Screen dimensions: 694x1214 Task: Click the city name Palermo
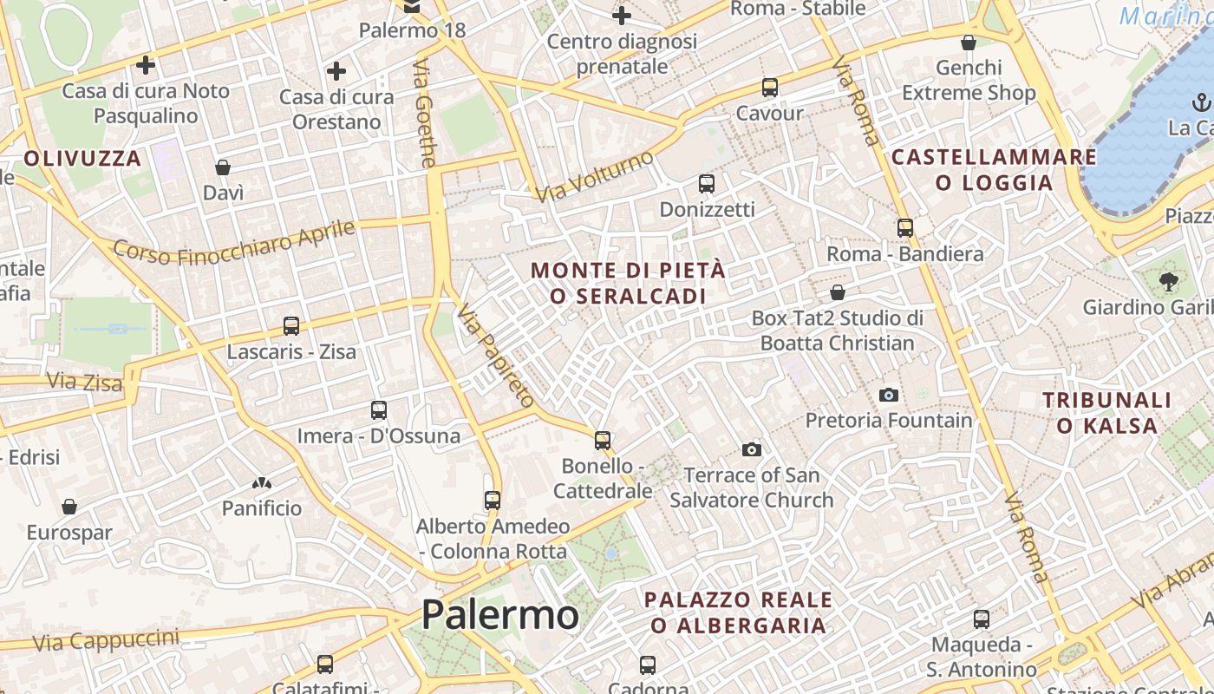pyautogui.click(x=499, y=615)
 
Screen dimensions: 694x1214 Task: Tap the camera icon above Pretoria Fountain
pyautogui.click(x=889, y=396)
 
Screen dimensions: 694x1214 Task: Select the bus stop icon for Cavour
pyautogui.click(x=769, y=88)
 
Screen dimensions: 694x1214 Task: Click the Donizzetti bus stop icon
pyautogui.click(x=707, y=184)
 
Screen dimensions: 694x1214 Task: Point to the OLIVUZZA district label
pyautogui.click(x=82, y=158)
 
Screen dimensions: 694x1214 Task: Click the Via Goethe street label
pyautogui.click(x=425, y=113)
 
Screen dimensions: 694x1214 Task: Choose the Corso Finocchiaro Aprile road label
pyautogui.click(x=234, y=242)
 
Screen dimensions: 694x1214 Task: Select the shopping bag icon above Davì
pyautogui.click(x=223, y=167)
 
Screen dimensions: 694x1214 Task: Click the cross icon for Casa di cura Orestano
pyautogui.click(x=336, y=71)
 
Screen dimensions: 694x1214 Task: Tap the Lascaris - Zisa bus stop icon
pyautogui.click(x=291, y=327)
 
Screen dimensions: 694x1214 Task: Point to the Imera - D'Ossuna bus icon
pyautogui.click(x=378, y=410)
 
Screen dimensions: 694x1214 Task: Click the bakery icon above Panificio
pyautogui.click(x=261, y=483)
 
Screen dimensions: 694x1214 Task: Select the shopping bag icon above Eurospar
pyautogui.click(x=69, y=507)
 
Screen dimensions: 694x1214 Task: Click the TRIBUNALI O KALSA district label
pyautogui.click(x=1106, y=413)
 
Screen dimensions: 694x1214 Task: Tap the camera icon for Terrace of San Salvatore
pyautogui.click(x=752, y=449)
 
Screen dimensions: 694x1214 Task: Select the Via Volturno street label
pyautogui.click(x=595, y=176)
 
